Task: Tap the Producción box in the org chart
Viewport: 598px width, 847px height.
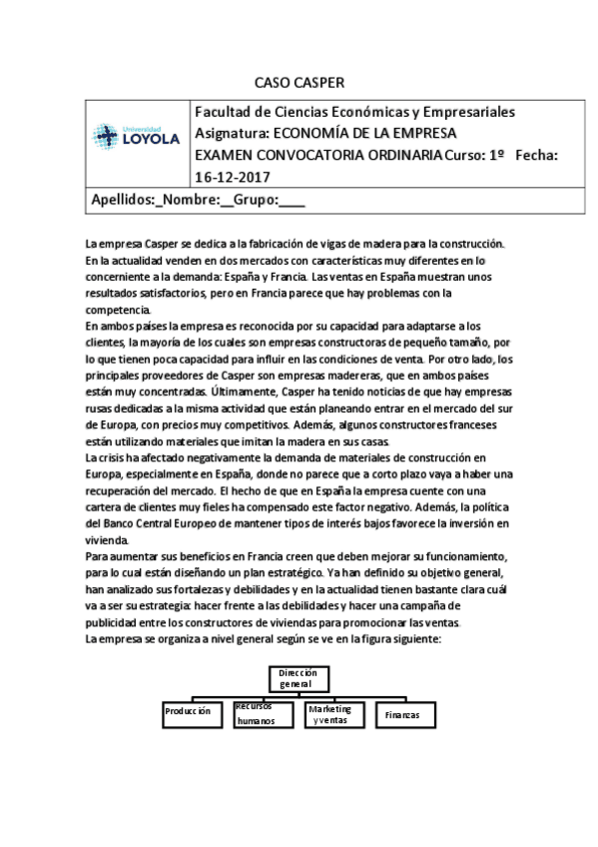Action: pos(192,712)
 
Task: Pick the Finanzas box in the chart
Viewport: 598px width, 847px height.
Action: pos(403,714)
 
